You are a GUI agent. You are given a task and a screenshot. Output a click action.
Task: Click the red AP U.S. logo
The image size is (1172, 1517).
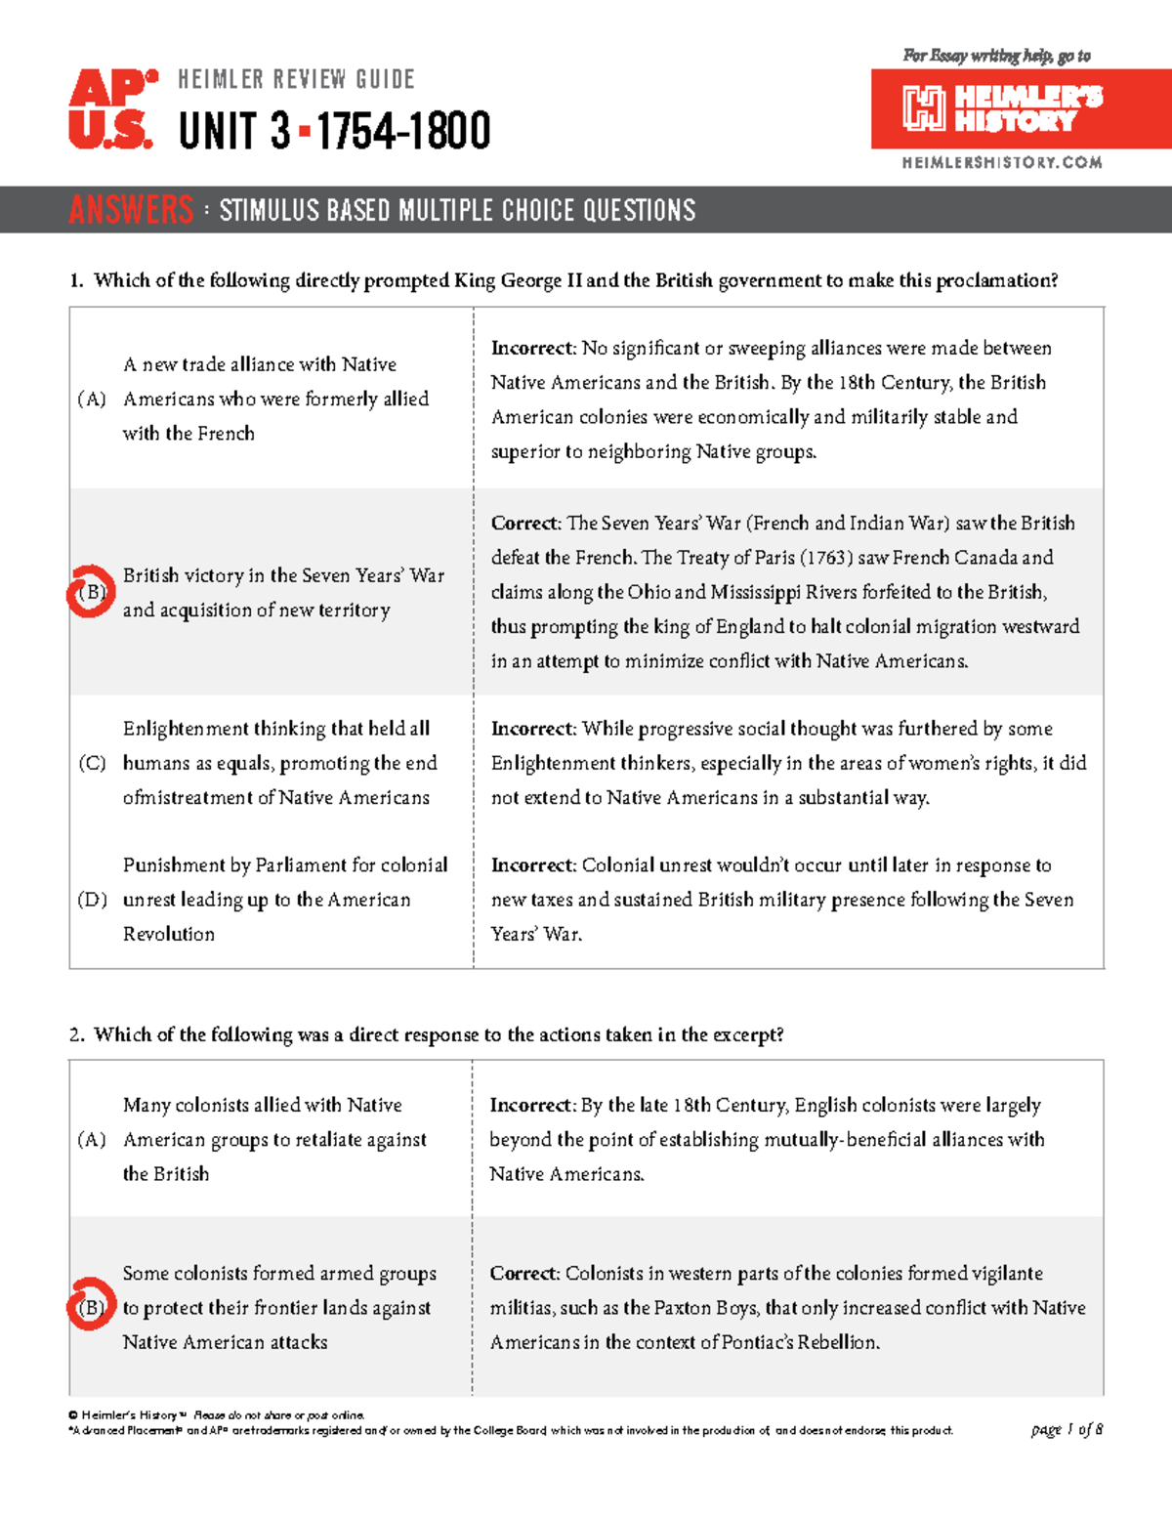[x=111, y=109]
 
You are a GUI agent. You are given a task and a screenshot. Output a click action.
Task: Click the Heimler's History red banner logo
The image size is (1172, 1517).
[x=1021, y=108]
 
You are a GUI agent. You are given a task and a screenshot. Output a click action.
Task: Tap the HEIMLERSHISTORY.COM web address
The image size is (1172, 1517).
[x=1002, y=163]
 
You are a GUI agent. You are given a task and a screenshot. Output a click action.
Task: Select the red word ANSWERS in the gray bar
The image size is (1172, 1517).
[x=131, y=210]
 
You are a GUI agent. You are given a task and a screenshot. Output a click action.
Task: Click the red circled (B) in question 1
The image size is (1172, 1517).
[x=91, y=592]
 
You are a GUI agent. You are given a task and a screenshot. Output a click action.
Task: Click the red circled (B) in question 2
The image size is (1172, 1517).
[x=91, y=1307]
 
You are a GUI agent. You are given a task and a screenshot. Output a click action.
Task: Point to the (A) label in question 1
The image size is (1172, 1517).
[x=92, y=399]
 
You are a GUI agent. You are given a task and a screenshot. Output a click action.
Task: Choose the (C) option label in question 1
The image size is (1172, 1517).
[x=92, y=763]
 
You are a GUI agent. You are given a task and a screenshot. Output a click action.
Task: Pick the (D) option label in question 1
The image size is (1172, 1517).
[x=92, y=900]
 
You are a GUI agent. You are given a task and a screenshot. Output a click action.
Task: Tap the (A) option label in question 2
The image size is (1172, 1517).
[x=92, y=1139]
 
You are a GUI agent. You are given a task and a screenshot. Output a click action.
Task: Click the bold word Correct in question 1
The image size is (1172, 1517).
[x=524, y=524]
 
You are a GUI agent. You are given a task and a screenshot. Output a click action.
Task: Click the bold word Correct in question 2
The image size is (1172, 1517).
[x=523, y=1274]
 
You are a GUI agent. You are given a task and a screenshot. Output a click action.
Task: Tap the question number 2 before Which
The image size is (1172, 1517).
[x=76, y=1035]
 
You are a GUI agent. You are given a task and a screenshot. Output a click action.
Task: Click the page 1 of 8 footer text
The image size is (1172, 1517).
[x=1067, y=1429]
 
